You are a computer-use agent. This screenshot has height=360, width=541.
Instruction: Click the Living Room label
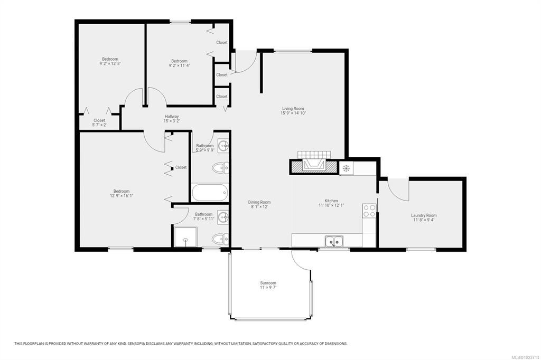[293, 109]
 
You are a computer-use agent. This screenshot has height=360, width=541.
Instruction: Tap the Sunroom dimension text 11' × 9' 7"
[268, 287]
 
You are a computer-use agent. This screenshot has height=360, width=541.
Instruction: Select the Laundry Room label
[424, 215]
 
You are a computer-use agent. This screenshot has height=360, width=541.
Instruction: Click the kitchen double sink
[334, 241]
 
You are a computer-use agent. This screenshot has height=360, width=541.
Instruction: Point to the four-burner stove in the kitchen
[369, 211]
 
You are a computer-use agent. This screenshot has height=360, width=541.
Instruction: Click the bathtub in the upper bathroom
[210, 193]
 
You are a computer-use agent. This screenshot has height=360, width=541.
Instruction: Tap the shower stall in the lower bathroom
[185, 236]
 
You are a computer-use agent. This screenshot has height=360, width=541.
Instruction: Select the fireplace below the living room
[313, 164]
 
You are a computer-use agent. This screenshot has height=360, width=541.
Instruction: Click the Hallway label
[172, 117]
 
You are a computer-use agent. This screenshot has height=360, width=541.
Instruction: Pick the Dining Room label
[259, 202]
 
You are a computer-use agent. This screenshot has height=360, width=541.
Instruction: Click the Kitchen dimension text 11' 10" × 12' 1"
[331, 205]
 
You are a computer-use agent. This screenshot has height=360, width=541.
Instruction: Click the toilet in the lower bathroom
[220, 238]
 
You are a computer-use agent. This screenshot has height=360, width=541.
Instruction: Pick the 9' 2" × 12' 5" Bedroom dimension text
[110, 63]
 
